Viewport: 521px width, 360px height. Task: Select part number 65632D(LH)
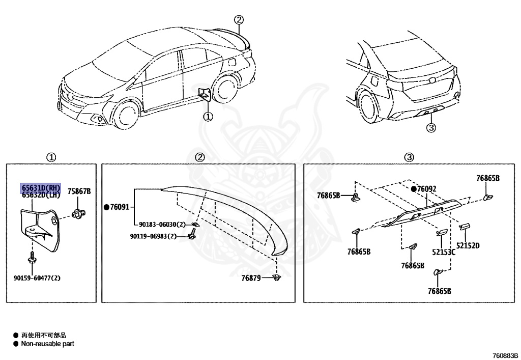click(x=40, y=195)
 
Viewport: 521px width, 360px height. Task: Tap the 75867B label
click(x=79, y=191)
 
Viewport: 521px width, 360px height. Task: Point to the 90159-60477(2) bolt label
click(x=37, y=278)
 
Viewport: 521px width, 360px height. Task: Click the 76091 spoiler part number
click(x=120, y=207)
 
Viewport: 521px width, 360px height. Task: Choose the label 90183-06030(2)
click(x=162, y=225)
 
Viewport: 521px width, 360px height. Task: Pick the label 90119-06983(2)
click(x=153, y=236)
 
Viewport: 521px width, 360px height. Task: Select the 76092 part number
click(x=426, y=189)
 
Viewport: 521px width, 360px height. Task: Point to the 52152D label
click(x=468, y=245)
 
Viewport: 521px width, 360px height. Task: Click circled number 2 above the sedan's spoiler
click(x=239, y=20)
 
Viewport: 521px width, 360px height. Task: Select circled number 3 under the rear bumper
click(x=431, y=128)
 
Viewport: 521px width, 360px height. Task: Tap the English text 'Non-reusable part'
click(x=47, y=344)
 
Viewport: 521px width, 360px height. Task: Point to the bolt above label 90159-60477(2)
click(x=32, y=257)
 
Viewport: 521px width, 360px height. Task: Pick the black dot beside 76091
click(x=107, y=207)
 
